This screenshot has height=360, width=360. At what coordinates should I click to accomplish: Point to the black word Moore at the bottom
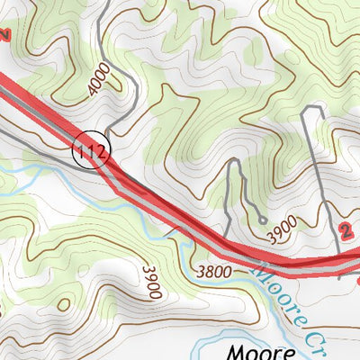point(255,351)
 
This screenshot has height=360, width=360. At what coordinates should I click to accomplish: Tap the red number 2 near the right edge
point(346,230)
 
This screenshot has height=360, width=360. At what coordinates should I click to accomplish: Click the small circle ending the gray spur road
point(261,219)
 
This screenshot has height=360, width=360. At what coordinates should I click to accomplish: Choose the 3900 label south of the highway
point(150,281)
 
